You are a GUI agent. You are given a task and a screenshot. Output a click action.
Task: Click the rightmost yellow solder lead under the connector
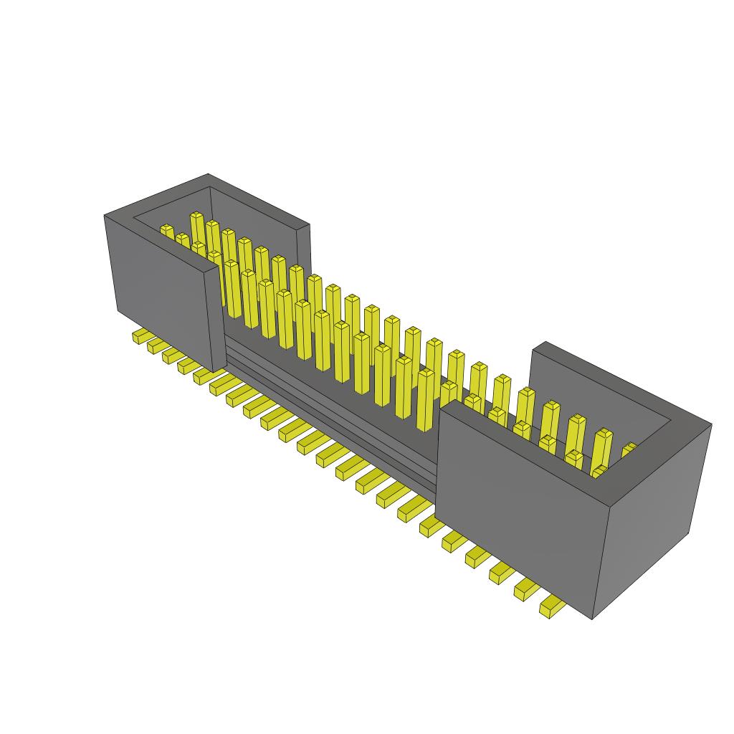point(551,607)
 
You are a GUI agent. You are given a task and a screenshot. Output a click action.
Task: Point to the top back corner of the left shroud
point(208,174)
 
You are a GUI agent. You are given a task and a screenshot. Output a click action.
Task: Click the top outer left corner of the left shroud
point(105,215)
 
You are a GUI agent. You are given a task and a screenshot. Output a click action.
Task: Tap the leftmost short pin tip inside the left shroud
point(167,231)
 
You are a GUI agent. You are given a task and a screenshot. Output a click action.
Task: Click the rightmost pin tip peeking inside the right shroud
point(629,449)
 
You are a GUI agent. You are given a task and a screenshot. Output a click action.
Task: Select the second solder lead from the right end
point(527,589)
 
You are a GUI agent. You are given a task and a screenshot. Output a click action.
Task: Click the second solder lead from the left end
point(156,346)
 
